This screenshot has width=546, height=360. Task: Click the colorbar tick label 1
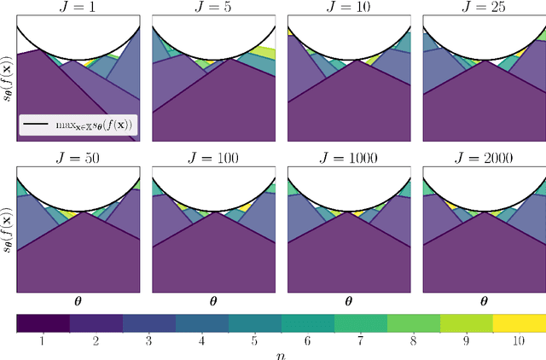pyautogui.click(x=43, y=340)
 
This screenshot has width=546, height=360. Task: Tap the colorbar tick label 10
pyautogui.click(x=519, y=340)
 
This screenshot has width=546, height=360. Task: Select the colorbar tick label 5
pyautogui.click(x=254, y=340)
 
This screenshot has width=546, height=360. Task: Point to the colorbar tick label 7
pyautogui.click(x=360, y=340)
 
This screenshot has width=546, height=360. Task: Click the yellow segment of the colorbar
pyautogui.click(x=519, y=322)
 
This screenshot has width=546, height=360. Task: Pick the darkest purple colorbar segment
pyautogui.click(x=43, y=322)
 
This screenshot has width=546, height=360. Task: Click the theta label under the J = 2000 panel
pyautogui.click(x=485, y=300)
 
